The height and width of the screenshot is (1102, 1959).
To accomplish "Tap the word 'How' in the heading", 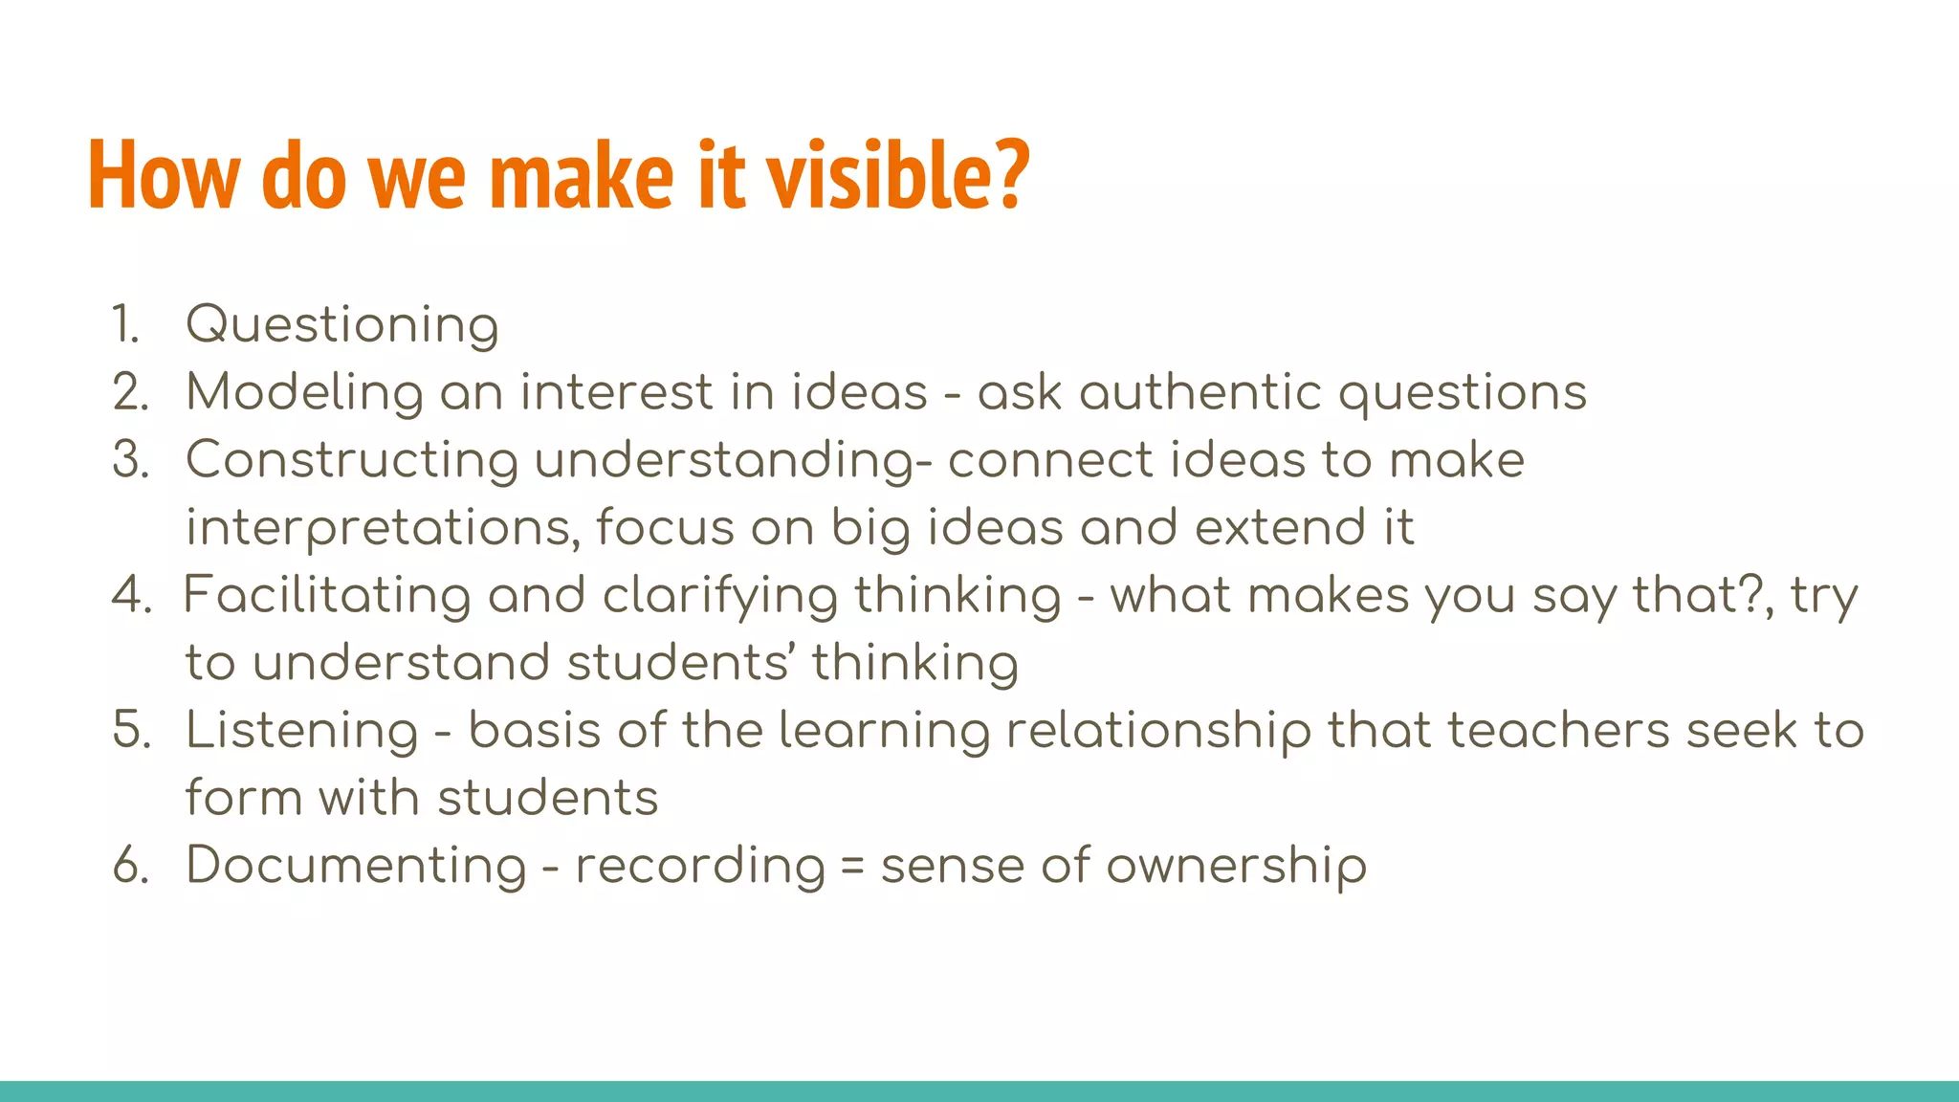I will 164,175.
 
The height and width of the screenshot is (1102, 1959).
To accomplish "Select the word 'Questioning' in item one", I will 341,325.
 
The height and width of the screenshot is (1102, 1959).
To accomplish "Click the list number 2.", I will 130,393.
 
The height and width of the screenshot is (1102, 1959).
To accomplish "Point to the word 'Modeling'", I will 304,393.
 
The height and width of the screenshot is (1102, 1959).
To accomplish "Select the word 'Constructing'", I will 351,460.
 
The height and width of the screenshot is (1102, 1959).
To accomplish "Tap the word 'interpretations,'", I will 383,528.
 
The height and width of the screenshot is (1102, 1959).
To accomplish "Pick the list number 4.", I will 131,596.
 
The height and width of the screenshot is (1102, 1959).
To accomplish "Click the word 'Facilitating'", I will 326,596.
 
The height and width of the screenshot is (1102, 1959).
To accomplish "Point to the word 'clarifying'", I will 719,596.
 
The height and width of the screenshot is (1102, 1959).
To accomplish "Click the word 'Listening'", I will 301,731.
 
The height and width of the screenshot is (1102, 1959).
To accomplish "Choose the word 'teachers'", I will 1558,731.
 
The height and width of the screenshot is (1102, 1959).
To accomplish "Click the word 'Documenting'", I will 356,866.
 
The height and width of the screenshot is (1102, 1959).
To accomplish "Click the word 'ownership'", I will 1237,866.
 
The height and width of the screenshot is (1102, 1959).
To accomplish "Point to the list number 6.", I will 131,866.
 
